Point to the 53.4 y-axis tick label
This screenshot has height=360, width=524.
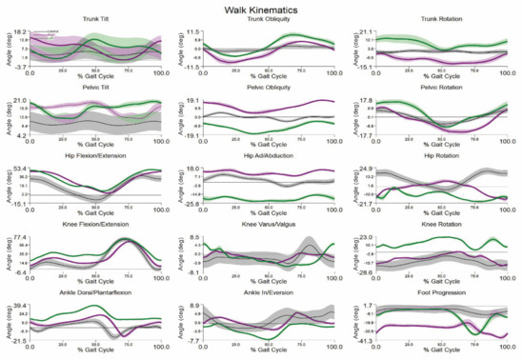[x=19, y=169]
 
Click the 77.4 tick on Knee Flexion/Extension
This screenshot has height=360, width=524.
[x=19, y=237]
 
